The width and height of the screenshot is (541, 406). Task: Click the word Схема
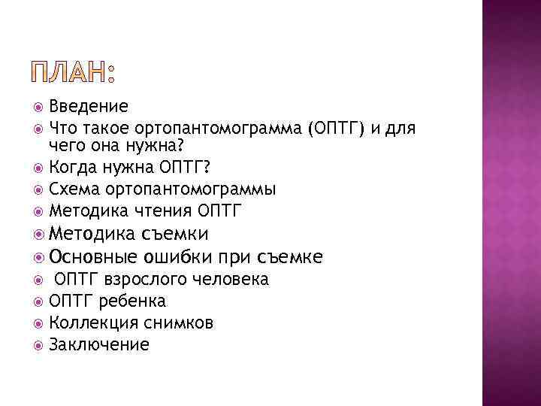pyautogui.click(x=72, y=188)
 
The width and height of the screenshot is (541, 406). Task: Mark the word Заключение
pyautogui.click(x=98, y=345)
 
